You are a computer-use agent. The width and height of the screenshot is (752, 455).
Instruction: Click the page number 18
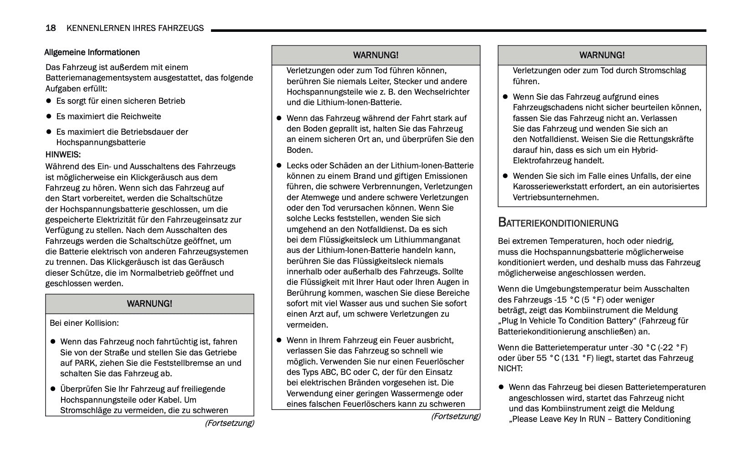tap(51, 28)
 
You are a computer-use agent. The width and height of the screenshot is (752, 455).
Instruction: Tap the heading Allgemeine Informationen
tap(92, 52)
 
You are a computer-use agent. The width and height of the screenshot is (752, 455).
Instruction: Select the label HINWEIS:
tap(63, 155)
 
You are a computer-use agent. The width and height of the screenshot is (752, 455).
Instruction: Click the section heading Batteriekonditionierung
tap(558, 223)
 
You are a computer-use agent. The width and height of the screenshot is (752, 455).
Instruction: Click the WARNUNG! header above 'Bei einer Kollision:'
tap(149, 303)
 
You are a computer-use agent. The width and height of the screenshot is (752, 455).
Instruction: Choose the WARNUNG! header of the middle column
tap(376, 55)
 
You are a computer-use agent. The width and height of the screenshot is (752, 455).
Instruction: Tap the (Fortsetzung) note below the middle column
tap(455, 416)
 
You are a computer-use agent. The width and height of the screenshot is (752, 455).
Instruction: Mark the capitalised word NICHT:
tap(510, 369)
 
